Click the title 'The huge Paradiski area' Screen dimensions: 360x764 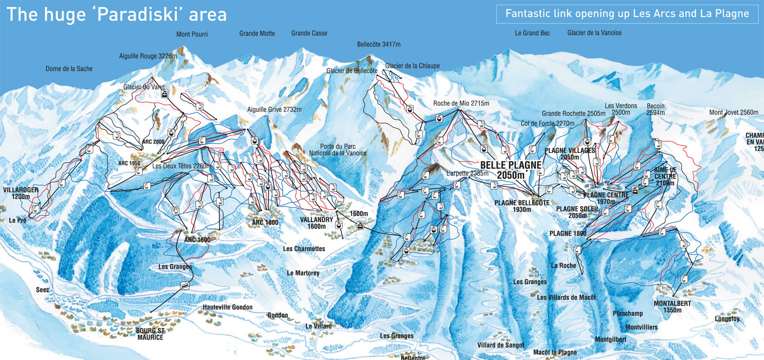(x=117, y=14)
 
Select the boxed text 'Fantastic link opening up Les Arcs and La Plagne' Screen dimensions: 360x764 (x=627, y=13)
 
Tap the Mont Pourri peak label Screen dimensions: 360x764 (x=192, y=34)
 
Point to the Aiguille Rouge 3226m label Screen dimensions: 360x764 (x=148, y=56)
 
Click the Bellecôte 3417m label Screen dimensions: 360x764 (x=378, y=45)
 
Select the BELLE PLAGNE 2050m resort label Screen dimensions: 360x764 (x=511, y=170)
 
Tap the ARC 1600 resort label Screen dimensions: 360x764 (x=197, y=240)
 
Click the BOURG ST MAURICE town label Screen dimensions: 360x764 (x=150, y=334)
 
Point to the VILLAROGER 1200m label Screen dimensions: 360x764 (x=21, y=193)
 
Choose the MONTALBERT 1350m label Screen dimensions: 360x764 (x=672, y=306)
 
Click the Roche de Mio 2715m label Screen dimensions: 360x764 (x=461, y=103)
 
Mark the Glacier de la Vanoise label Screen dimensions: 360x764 (x=594, y=33)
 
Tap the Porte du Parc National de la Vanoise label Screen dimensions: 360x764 (x=338, y=150)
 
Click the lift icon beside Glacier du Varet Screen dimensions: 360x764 (x=165, y=94)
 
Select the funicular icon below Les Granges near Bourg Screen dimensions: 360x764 (x=184, y=285)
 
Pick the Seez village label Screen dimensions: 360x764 (x=42, y=290)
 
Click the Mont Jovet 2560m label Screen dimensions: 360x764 (x=733, y=112)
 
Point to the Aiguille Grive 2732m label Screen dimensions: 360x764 (x=274, y=109)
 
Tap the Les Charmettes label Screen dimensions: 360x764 (x=304, y=249)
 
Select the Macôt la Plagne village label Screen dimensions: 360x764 (x=555, y=352)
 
